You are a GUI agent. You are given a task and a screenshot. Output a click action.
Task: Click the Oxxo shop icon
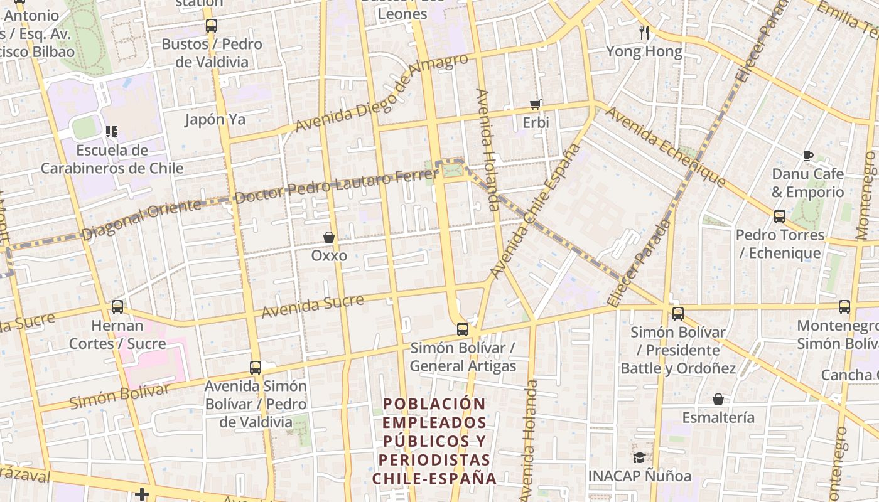pyautogui.click(x=329, y=237)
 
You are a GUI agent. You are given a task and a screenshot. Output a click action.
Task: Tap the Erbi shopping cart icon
pyautogui.click(x=536, y=104)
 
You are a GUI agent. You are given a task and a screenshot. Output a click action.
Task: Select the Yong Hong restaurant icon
pyautogui.click(x=644, y=32)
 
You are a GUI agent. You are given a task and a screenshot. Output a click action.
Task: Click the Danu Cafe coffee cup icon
pyautogui.click(x=808, y=156)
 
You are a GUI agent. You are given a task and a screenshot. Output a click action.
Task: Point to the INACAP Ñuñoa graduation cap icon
pyautogui.click(x=639, y=457)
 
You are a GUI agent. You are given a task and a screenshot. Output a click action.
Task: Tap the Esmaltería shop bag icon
pyautogui.click(x=718, y=399)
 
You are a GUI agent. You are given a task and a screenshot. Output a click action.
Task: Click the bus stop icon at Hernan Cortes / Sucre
pyautogui.click(x=117, y=307)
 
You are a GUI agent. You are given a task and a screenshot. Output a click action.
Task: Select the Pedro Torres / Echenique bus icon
pyautogui.click(x=780, y=216)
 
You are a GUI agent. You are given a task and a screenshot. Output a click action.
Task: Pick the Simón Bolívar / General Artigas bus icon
pyautogui.click(x=463, y=329)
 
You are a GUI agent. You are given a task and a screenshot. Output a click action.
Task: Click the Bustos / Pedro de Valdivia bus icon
pyautogui.click(x=212, y=26)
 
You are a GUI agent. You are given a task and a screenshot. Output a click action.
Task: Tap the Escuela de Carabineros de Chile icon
pyautogui.click(x=112, y=132)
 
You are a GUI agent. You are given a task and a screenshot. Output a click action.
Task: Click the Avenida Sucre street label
pyautogui.click(x=313, y=306)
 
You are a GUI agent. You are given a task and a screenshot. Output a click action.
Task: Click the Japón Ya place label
pyautogui.click(x=215, y=119)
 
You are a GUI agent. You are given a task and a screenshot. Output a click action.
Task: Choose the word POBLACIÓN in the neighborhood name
pyautogui.click(x=434, y=403)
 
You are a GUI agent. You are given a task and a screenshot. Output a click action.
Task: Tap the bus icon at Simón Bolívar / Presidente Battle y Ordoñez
pyautogui.click(x=678, y=314)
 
